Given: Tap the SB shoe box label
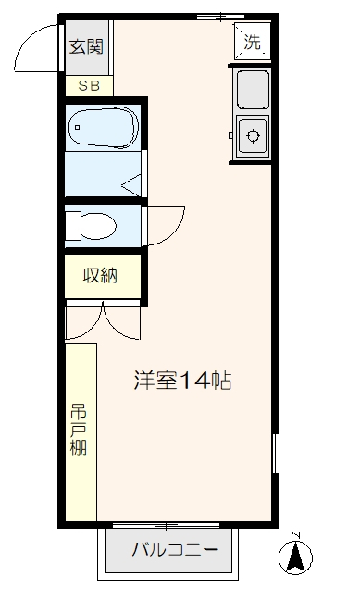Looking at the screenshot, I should tap(89, 86).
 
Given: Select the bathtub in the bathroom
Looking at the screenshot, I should tap(103, 126).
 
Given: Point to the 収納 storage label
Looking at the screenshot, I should tap(101, 275).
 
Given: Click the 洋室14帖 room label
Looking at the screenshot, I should tap(182, 380).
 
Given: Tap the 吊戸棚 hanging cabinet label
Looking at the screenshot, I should tap(80, 432).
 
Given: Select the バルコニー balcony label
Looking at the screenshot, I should tap(175, 550).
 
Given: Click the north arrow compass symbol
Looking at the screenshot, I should tap(296, 557).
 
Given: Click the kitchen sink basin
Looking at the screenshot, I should tap(252, 90).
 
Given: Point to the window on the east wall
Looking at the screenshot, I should tap(275, 454).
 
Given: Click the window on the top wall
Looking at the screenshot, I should tap(221, 17).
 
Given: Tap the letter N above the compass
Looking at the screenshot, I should tap(295, 535).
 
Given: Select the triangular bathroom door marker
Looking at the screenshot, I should tap(132, 184).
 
